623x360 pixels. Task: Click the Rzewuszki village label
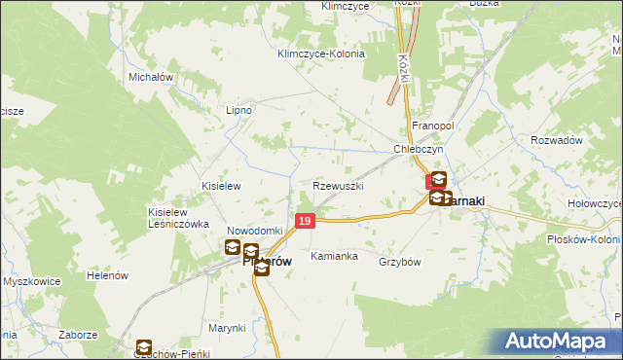pos(339,185)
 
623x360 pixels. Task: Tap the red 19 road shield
pos(306,222)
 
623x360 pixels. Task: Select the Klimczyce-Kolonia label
pos(321,54)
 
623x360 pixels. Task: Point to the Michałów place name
pos(150,76)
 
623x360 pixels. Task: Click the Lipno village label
pos(238,110)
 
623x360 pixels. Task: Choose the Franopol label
pos(433,126)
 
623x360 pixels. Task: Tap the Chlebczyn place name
pos(419,149)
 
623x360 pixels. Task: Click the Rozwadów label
pos(557,140)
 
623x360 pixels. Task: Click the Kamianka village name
pos(334,257)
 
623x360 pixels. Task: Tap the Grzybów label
pos(399,262)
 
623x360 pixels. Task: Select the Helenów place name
pos(108,275)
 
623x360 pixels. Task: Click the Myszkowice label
pos(32,281)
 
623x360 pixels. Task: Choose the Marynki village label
pos(226,328)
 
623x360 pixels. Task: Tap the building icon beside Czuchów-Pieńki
pos(143,346)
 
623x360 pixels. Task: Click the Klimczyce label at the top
pos(346,6)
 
